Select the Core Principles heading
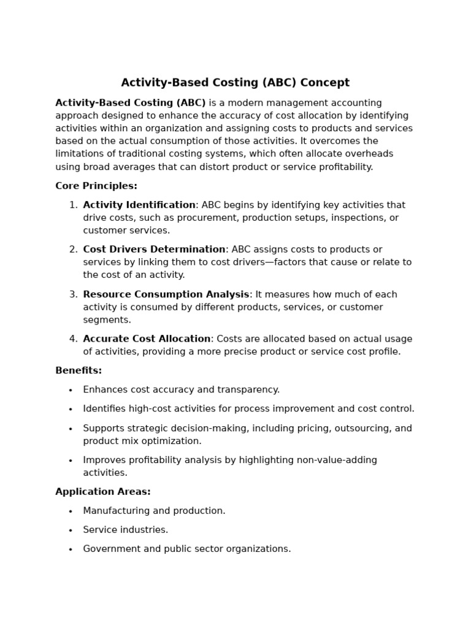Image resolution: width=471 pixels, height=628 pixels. coord(96,186)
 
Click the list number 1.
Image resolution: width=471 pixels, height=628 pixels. coord(72,205)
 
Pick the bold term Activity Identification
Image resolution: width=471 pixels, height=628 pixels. coord(139,205)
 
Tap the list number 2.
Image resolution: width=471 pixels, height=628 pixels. coord(72,250)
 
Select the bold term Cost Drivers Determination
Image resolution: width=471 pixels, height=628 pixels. coord(154,250)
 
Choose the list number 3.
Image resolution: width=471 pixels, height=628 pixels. coord(72,294)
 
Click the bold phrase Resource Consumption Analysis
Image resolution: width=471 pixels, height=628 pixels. coord(166,294)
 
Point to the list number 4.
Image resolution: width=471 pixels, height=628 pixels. coord(72,339)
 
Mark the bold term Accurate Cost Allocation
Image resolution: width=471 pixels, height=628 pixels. coord(147,339)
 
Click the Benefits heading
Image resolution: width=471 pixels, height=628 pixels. coord(78,371)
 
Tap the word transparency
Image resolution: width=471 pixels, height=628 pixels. coord(247,390)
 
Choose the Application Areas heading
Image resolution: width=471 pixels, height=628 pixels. coord(102,492)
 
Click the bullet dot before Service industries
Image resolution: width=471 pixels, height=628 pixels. coord(71,530)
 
